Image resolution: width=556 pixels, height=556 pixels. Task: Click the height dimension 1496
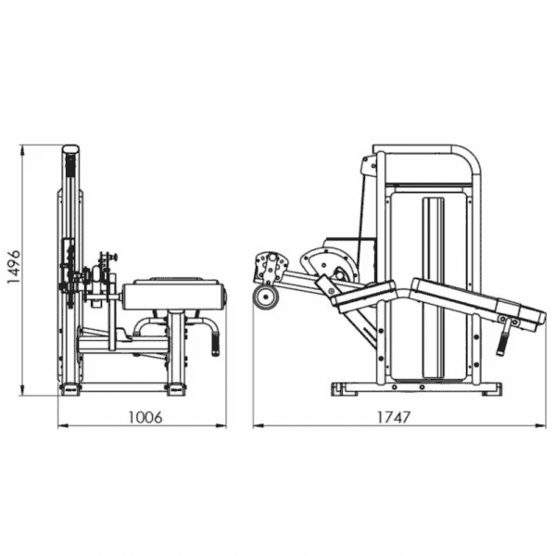click(x=14, y=267)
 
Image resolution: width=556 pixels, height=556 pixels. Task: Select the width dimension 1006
click(x=145, y=417)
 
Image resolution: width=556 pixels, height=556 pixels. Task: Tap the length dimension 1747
click(x=393, y=417)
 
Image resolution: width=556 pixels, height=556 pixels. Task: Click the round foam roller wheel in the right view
click(x=266, y=297)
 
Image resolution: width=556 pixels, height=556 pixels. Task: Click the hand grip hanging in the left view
click(x=216, y=344)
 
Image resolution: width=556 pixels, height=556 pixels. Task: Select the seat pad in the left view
click(x=174, y=294)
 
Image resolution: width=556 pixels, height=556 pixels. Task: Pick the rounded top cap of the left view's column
click(x=71, y=148)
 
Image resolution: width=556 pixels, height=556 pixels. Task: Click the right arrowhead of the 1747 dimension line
click(x=541, y=425)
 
